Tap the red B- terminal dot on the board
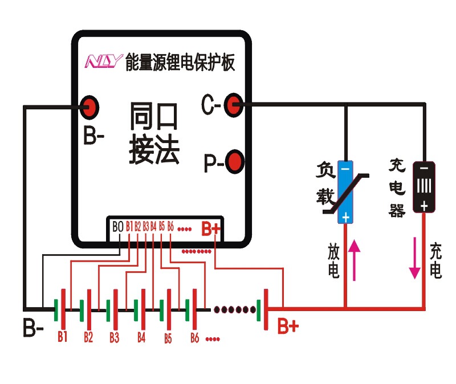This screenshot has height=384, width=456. point(90,105)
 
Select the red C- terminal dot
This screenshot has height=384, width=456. point(232,105)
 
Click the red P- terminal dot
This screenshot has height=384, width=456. point(234,162)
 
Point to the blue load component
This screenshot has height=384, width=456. point(344,191)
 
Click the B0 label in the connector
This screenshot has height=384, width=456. point(117,227)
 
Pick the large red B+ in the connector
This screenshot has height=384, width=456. point(210,229)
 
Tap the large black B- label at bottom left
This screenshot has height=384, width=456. point(33,329)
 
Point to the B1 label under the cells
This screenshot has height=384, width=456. point(62,336)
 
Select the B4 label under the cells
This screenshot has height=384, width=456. point(141,337)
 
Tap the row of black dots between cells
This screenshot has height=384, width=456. point(234,309)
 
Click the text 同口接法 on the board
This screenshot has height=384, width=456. point(154,133)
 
